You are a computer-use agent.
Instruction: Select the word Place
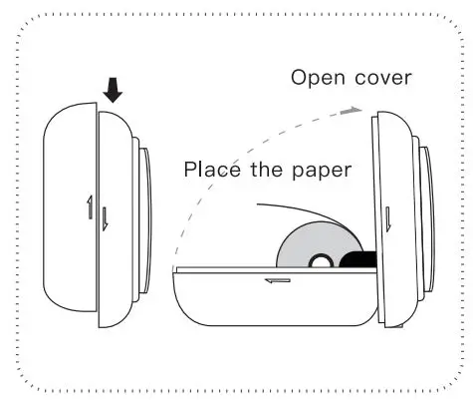click(x=213, y=170)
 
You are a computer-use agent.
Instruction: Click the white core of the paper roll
click(x=321, y=261)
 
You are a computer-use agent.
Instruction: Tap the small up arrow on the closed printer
click(x=89, y=209)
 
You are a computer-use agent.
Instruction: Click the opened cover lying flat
click(x=269, y=299)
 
